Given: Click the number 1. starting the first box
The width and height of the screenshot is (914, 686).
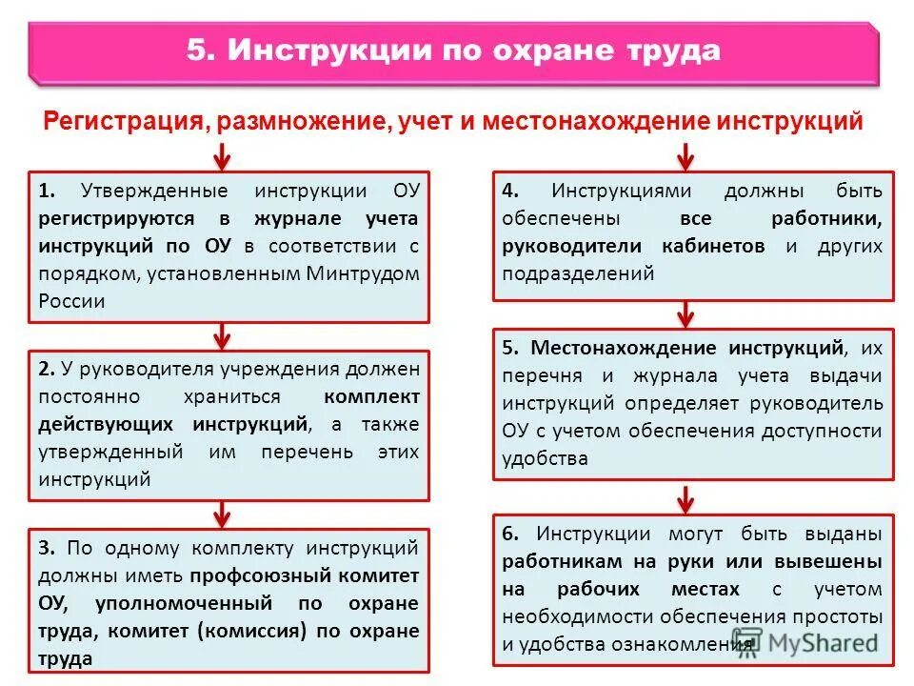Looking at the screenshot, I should coord(48,191).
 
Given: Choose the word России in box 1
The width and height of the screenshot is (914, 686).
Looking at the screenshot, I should coord(71,301).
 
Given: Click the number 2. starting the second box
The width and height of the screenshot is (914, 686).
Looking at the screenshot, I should coord(48,368).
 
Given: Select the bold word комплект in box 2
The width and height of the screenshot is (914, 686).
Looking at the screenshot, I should coord(371,395).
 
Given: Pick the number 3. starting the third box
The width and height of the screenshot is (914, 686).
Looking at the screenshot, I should coord(48,548).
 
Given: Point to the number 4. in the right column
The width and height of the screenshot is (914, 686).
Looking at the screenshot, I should coord(510,191).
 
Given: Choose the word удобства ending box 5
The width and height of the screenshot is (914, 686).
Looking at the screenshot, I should coord(545,458).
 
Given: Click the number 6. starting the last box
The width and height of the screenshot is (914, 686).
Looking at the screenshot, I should coord(510,534).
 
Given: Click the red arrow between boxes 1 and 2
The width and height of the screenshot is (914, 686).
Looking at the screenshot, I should coord(221,335).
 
